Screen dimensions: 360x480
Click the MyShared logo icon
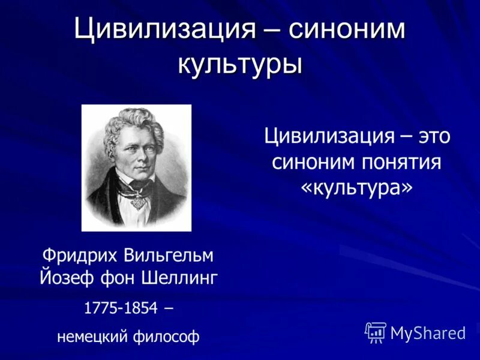click(376, 332)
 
